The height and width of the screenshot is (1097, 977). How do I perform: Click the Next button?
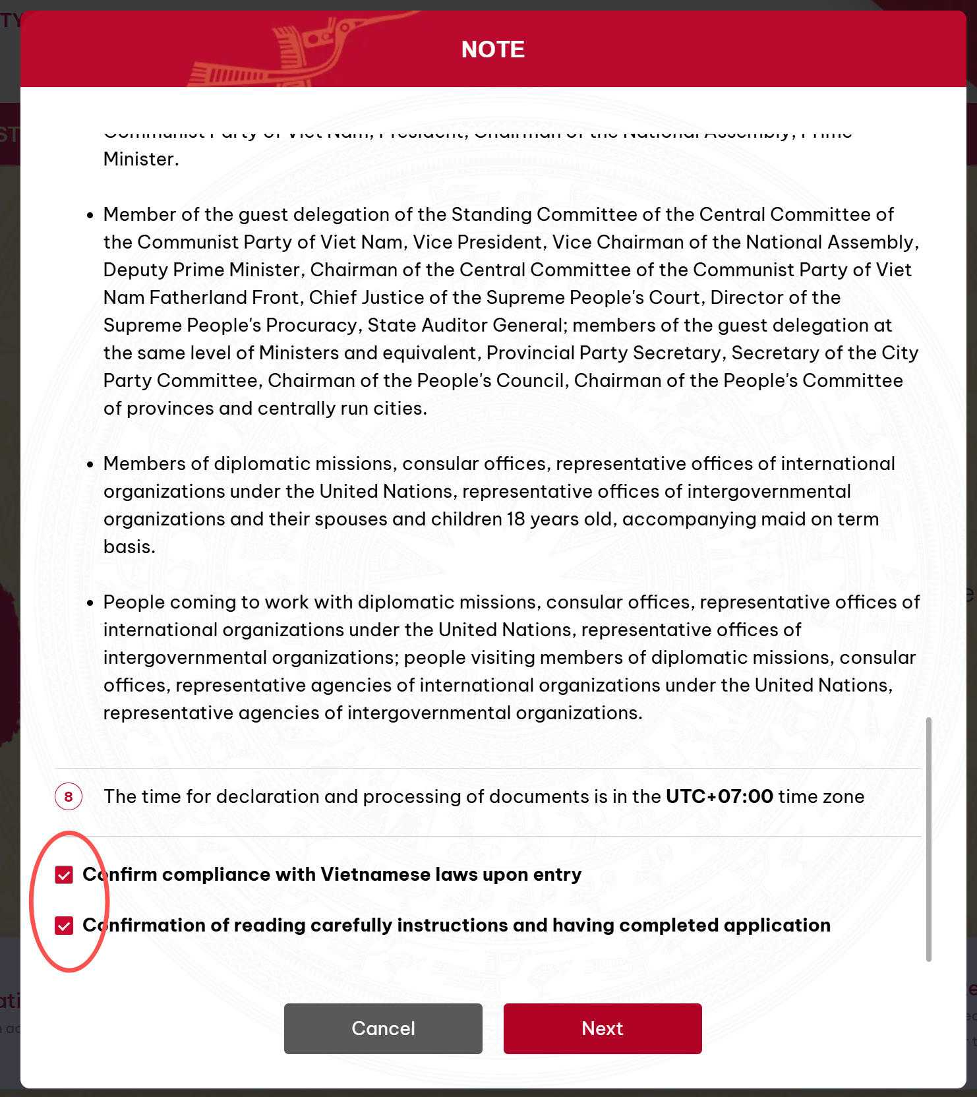(x=602, y=1028)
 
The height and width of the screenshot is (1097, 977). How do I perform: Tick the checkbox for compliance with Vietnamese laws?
(x=64, y=875)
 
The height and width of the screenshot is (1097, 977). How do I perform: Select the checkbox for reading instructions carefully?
(x=64, y=926)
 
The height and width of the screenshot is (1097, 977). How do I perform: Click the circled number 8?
(x=69, y=796)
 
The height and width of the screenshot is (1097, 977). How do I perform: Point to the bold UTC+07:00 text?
(x=719, y=796)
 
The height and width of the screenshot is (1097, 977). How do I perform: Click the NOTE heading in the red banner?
(x=492, y=49)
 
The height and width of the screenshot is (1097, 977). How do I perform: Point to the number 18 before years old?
(x=516, y=519)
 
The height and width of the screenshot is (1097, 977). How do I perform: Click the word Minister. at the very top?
(x=141, y=159)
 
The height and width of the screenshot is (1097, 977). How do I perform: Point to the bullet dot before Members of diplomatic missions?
(x=90, y=464)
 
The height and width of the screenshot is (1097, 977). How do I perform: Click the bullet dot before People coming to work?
(x=90, y=603)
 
